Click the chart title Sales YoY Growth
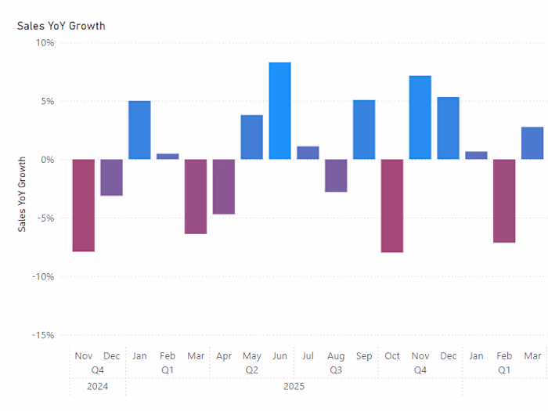(61, 26)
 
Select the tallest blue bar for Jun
(279, 110)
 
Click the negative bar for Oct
(392, 206)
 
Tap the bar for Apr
(224, 186)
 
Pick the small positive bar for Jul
(308, 153)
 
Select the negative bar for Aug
(336, 175)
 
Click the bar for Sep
(364, 129)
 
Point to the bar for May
(251, 137)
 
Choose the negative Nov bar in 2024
(84, 205)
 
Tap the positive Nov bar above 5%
(420, 117)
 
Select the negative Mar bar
(196, 196)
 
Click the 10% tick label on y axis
(44, 43)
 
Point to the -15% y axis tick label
(42, 335)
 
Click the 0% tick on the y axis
(47, 160)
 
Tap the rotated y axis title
(22, 193)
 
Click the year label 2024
(97, 386)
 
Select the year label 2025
(294, 386)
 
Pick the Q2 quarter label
(251, 370)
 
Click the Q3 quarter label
(336, 370)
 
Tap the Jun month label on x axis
(279, 356)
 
